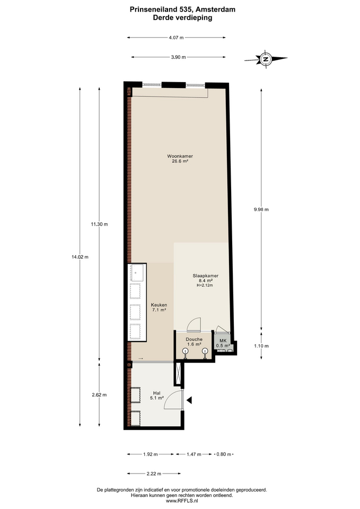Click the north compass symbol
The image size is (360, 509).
[x=266, y=59]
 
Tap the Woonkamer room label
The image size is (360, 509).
[x=180, y=156]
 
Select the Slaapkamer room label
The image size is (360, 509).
[x=206, y=276]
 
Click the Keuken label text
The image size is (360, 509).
[x=159, y=305]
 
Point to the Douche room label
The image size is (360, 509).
[x=194, y=339]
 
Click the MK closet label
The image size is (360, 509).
[x=223, y=341]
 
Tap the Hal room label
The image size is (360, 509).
[x=157, y=393]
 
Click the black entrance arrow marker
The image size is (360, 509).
[x=189, y=400]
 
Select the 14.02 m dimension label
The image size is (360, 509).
[x=80, y=257]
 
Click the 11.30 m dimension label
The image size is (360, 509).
[x=99, y=224]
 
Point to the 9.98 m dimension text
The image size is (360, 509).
[x=261, y=209]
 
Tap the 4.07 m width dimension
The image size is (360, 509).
[x=176, y=38]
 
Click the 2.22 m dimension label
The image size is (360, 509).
[x=154, y=473]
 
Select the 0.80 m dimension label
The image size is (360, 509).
[x=224, y=454]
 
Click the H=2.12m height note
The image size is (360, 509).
[x=205, y=285]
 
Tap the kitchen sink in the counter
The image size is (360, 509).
[x=136, y=273]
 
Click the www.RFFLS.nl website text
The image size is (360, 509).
[x=182, y=501]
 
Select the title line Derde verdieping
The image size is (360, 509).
[x=182, y=18]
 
